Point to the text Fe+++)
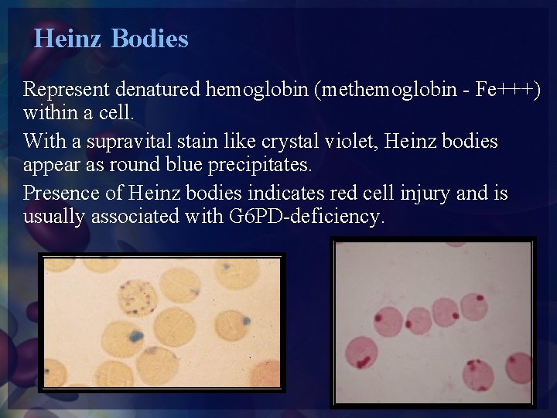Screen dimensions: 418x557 point(507,90)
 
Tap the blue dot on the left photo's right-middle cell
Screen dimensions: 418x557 point(246,320)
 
